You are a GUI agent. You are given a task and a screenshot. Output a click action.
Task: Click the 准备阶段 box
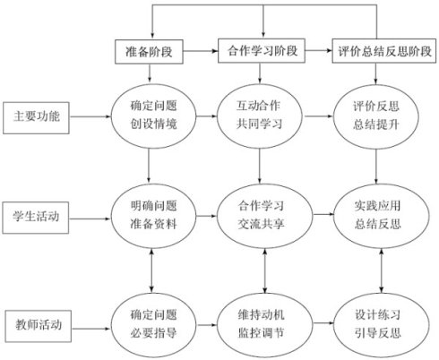(x=149, y=52)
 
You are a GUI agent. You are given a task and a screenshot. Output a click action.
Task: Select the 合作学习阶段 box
(x=262, y=50)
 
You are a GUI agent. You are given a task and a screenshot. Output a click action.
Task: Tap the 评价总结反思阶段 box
(x=384, y=51)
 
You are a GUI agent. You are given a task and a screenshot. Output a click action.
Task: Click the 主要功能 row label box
(x=36, y=117)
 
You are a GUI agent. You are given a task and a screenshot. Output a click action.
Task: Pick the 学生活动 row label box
(x=36, y=218)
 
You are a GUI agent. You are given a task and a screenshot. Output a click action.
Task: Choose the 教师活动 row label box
(x=39, y=326)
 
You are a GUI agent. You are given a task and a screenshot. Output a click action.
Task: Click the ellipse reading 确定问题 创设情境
(x=153, y=116)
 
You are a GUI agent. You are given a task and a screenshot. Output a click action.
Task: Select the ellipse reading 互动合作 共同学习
(x=259, y=116)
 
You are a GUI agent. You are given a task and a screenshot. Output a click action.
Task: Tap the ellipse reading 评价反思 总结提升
(x=376, y=116)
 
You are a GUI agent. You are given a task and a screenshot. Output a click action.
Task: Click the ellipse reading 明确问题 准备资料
(x=153, y=216)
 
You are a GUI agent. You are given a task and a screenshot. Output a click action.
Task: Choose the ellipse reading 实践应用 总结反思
(x=382, y=216)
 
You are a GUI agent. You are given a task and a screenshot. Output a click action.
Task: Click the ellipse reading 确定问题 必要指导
(x=153, y=325)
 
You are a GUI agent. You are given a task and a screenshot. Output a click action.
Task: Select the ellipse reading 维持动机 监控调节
(x=264, y=325)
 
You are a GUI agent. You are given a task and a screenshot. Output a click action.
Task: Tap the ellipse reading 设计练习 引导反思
(x=382, y=325)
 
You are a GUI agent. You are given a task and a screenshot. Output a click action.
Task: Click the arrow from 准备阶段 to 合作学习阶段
(x=201, y=51)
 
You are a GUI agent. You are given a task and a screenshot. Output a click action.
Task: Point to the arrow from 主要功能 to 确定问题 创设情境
(x=90, y=116)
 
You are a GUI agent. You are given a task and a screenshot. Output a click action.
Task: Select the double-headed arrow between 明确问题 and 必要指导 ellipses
(x=151, y=270)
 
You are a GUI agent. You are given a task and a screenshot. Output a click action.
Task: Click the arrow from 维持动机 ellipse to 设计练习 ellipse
(x=323, y=323)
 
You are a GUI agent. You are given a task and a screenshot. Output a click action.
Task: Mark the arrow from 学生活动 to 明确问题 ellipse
(x=90, y=219)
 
